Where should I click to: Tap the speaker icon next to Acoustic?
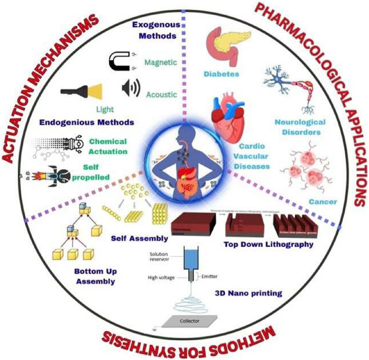(x=129, y=89)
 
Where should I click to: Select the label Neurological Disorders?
(x=305, y=127)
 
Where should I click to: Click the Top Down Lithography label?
(x=269, y=245)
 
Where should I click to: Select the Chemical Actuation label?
(x=108, y=146)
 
